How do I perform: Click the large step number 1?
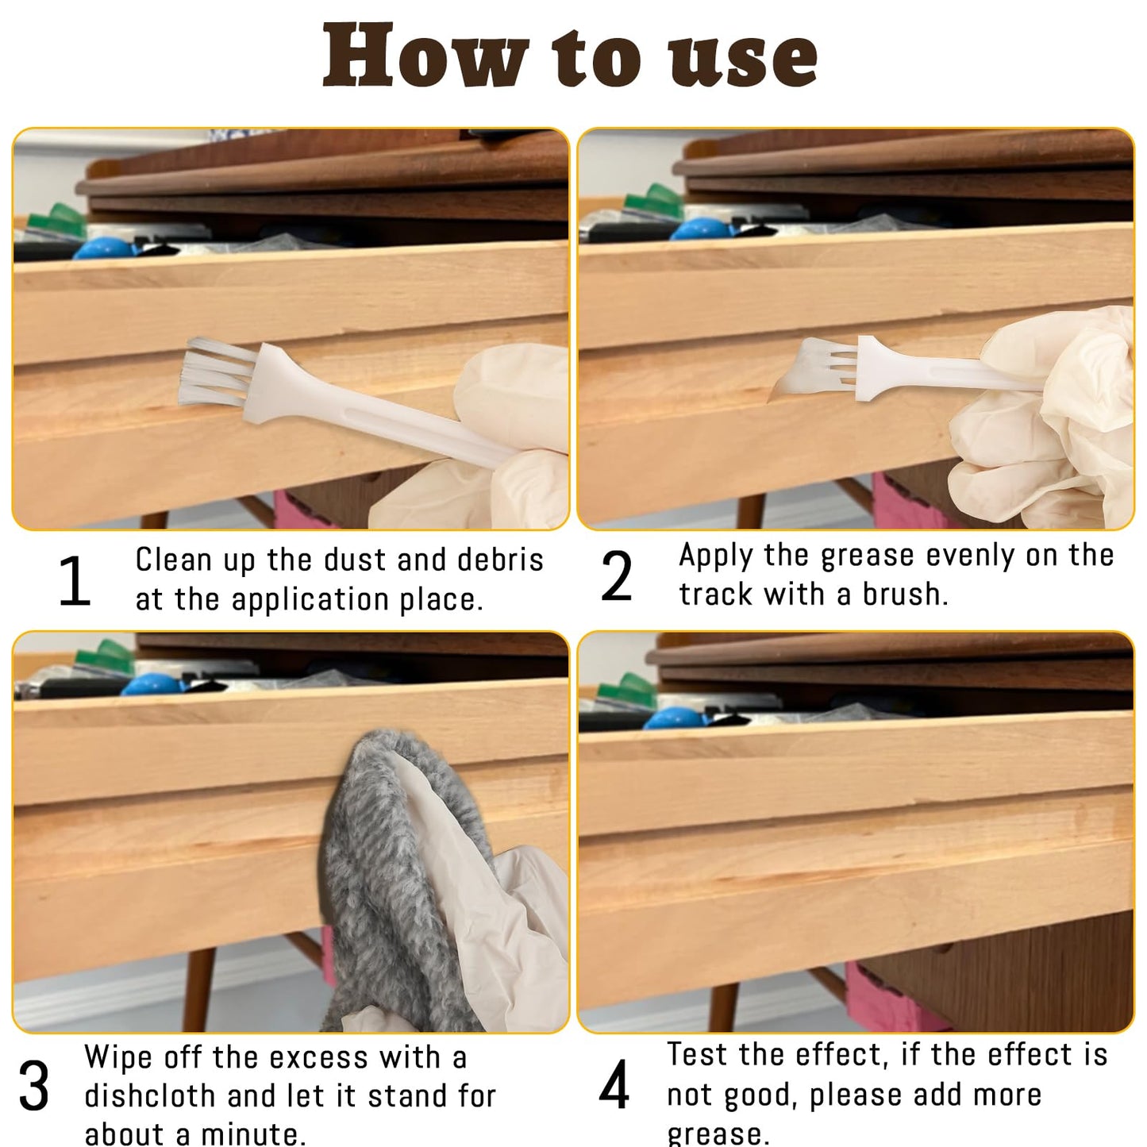pyautogui.click(x=75, y=582)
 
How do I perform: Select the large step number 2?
pyautogui.click(x=617, y=577)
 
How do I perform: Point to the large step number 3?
pyautogui.click(x=34, y=1087)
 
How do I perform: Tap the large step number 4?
pyautogui.click(x=614, y=1085)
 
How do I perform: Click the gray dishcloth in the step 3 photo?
pyautogui.click(x=373, y=873)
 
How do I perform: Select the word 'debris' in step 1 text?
pyautogui.click(x=500, y=560)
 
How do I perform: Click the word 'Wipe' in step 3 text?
pyautogui.click(x=118, y=1058)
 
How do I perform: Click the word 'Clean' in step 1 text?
pyautogui.click(x=173, y=560)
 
